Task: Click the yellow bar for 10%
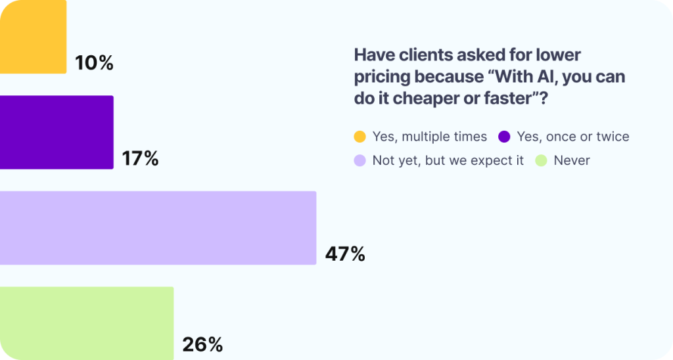click(x=33, y=37)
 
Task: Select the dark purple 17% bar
click(x=57, y=132)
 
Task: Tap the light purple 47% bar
click(x=158, y=228)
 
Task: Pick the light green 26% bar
click(x=87, y=323)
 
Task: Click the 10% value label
click(x=94, y=63)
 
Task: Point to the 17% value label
click(x=140, y=158)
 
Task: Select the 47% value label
click(x=344, y=254)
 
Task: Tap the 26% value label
click(x=202, y=344)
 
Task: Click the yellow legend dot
click(x=360, y=137)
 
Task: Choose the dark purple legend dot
click(x=504, y=137)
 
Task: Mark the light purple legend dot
click(x=360, y=160)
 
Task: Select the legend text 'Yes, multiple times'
click(x=429, y=137)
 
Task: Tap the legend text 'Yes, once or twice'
click(x=573, y=137)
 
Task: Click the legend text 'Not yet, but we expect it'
click(x=448, y=160)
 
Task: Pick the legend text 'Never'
click(x=572, y=160)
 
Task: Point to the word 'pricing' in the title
click(x=381, y=77)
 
